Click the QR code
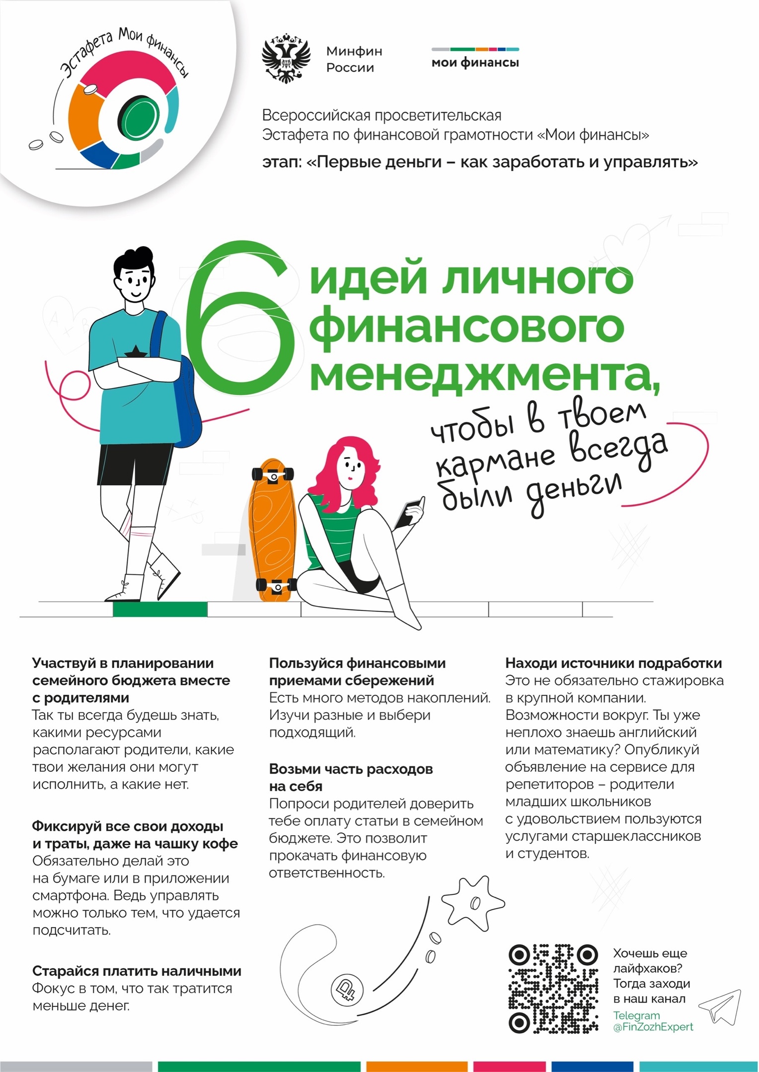[x=553, y=988]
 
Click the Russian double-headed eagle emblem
[x=286, y=58]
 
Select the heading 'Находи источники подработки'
[x=613, y=663]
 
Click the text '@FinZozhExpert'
[x=653, y=1027]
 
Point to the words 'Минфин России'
[x=354, y=59]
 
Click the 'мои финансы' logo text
[x=475, y=63]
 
